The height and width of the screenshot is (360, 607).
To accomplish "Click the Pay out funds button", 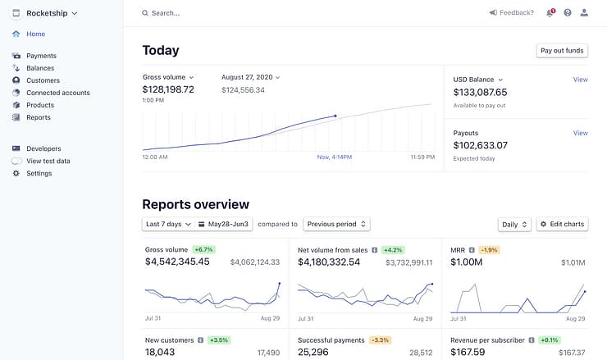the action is (562, 51).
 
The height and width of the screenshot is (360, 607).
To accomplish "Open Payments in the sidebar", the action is (41, 56).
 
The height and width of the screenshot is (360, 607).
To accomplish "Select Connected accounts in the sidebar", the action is (58, 93).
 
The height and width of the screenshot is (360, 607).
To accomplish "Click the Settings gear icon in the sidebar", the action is (16, 173).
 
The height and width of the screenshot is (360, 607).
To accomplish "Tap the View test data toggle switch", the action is (16, 161).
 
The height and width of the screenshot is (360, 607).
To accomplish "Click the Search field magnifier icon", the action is (145, 13).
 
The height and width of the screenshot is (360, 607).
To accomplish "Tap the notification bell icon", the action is (550, 13).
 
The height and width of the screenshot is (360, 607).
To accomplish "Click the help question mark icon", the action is (568, 13).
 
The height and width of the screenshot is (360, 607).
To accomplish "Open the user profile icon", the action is (584, 13).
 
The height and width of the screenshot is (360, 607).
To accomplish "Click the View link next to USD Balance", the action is (580, 80).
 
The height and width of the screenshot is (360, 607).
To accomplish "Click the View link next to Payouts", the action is (580, 133).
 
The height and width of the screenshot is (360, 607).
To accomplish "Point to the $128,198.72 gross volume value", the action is (168, 89).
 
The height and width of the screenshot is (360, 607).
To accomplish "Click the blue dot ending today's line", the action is (335, 116).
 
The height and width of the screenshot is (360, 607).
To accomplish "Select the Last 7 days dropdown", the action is (168, 224).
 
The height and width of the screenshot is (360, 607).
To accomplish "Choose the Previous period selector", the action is (336, 224).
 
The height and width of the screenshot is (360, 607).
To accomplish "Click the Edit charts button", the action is (562, 224).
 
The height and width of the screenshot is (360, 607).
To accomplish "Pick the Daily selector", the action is (514, 225).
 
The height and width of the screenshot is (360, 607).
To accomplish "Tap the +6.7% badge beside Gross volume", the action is (203, 249).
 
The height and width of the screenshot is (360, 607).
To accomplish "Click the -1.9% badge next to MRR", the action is (489, 250).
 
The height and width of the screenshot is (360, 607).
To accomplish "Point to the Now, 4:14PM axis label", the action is (335, 157).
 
